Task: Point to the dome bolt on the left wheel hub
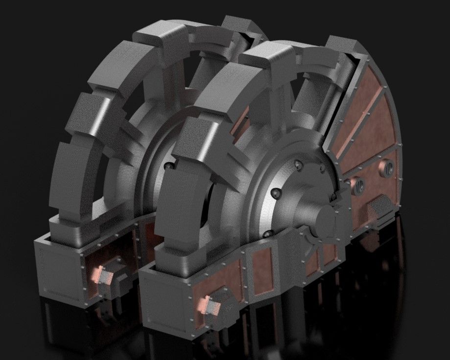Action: pyautogui.click(x=168, y=167)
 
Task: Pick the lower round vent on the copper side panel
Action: pyautogui.click(x=359, y=186)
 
